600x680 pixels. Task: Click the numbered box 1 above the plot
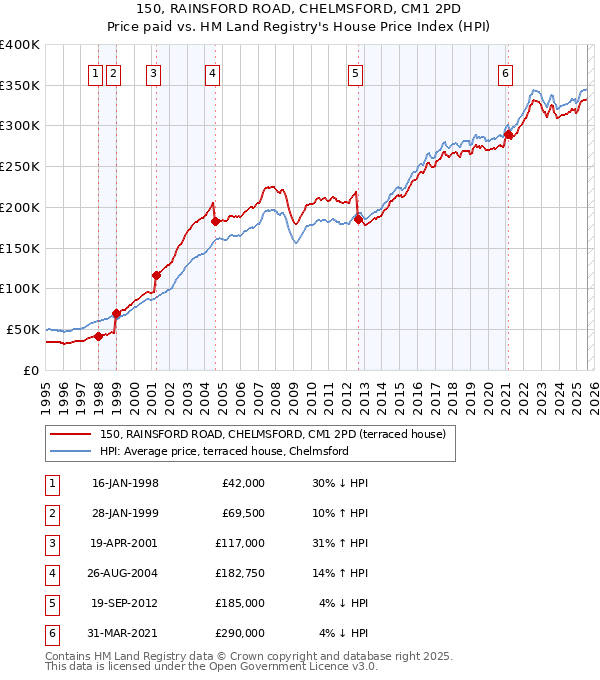(x=95, y=72)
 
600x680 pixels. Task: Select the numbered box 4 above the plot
(x=214, y=72)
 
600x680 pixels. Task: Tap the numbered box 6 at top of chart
(x=506, y=72)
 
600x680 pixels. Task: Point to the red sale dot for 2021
(x=508, y=134)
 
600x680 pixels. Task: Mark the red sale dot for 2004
(x=215, y=221)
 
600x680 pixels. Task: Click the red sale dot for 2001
(x=156, y=275)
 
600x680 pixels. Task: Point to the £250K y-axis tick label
(x=20, y=166)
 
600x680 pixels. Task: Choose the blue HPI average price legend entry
(x=223, y=452)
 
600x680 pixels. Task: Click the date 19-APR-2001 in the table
(x=124, y=543)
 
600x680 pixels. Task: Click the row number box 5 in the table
(x=50, y=603)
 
